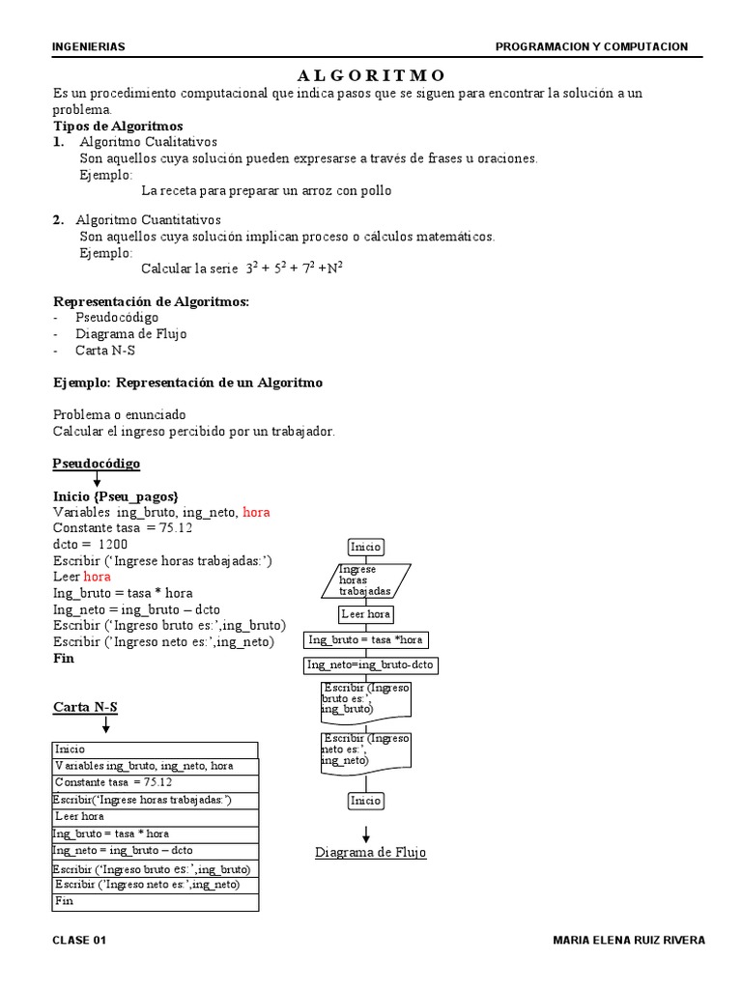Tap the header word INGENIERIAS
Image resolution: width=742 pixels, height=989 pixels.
point(89,46)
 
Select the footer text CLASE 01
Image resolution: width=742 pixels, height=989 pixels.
point(79,940)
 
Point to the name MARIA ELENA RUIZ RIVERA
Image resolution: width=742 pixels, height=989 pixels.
point(628,940)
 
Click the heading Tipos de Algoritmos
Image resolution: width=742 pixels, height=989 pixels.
point(118,126)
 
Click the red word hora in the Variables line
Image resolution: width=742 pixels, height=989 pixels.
point(256,512)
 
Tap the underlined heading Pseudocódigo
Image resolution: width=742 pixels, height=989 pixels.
point(96,464)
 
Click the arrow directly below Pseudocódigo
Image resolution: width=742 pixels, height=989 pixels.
point(97,480)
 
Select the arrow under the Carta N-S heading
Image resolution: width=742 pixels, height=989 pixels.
point(104,723)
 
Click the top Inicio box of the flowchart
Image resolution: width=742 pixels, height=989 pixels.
point(366,547)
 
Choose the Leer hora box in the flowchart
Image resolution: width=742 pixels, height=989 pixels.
point(366,614)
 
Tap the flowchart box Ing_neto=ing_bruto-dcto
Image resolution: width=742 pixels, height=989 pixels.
point(370,664)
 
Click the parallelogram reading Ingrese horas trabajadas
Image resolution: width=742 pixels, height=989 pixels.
point(365,579)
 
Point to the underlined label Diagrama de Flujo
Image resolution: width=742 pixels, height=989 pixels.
point(371,853)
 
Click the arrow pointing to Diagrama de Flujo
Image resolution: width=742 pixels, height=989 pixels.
point(366,834)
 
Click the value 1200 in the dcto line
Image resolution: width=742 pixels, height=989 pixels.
point(112,544)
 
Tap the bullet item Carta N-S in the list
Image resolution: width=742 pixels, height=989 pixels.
point(105,351)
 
